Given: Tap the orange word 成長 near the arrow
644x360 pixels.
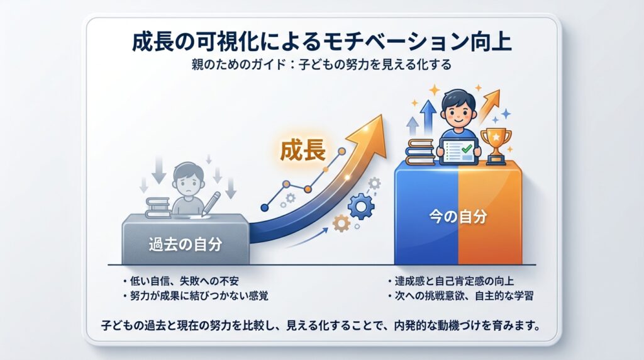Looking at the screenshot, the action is click(303, 150).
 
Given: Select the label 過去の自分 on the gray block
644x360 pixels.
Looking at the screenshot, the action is click(186, 245).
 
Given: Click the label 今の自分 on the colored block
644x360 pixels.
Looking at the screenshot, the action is click(458, 216).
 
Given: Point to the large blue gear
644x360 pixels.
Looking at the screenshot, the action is click(361, 206).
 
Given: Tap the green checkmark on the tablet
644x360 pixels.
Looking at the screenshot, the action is click(467, 148).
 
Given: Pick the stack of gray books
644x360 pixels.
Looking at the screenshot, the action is click(158, 208).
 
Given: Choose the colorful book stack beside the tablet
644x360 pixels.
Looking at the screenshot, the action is click(419, 152).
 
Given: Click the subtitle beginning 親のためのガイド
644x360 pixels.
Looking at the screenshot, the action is click(321, 65).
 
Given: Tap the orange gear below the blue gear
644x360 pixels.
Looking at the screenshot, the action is click(341, 223).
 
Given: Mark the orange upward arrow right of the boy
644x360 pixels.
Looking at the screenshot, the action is click(489, 106).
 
